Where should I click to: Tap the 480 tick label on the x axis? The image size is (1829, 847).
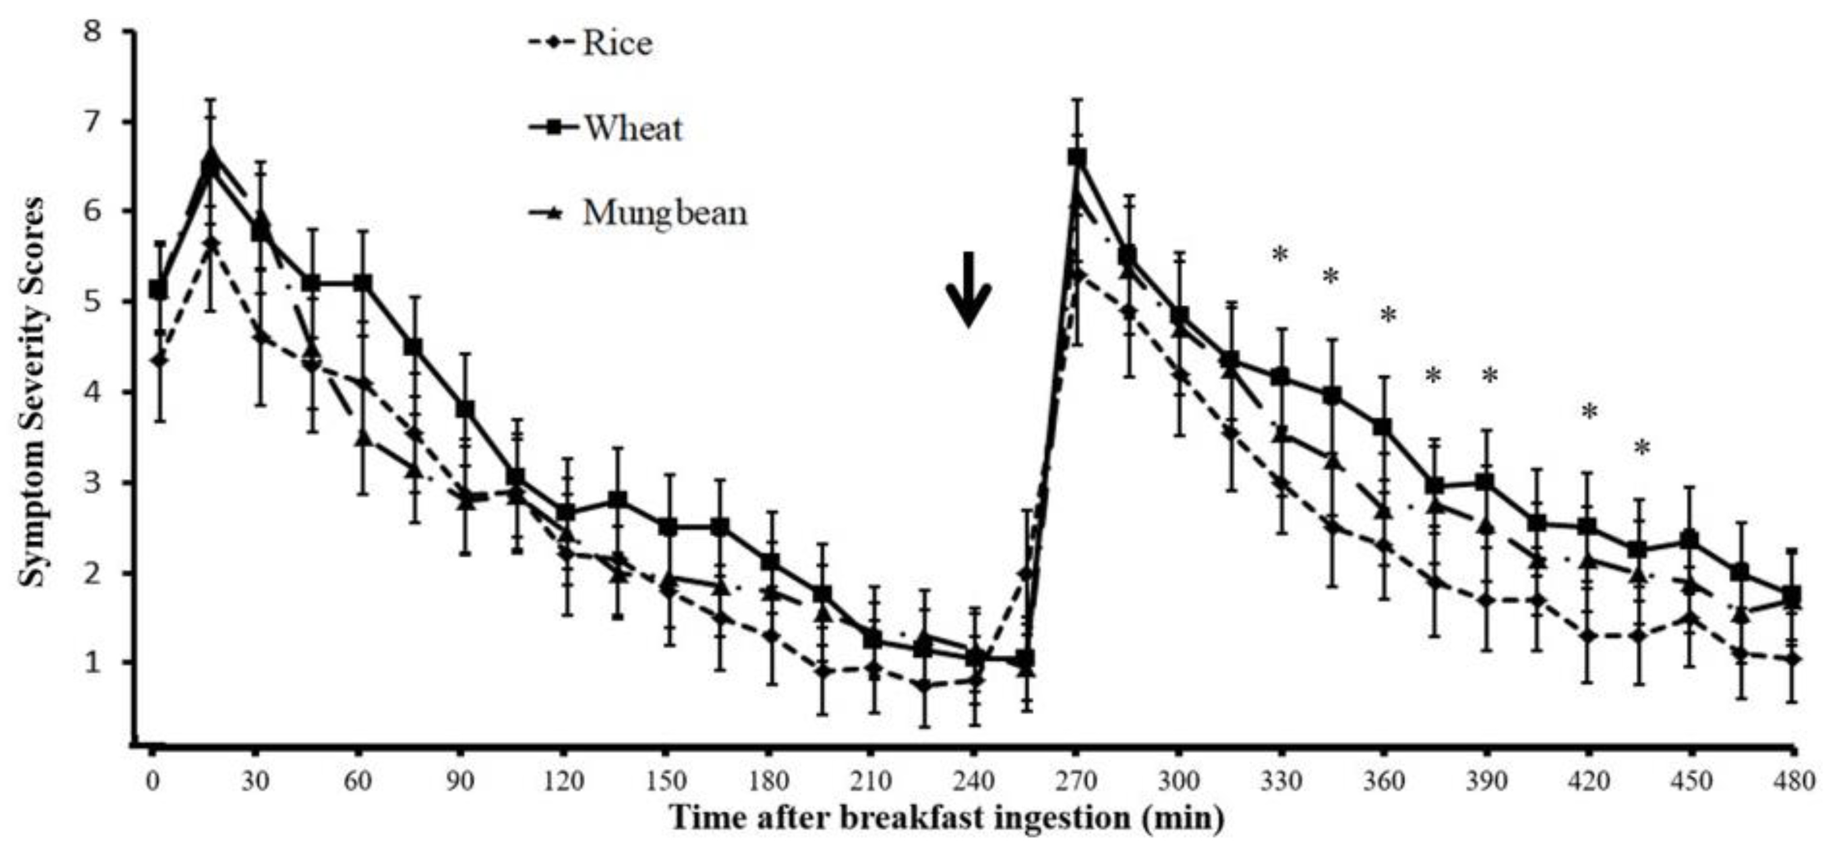pyautogui.click(x=1793, y=781)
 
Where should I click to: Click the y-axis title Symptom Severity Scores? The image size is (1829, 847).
pyautogui.click(x=31, y=392)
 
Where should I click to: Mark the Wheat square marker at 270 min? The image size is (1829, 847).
pyautogui.click(x=1077, y=157)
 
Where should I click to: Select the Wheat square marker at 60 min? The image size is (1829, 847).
pyautogui.click(x=362, y=283)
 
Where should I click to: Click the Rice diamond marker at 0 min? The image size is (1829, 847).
pyautogui.click(x=160, y=360)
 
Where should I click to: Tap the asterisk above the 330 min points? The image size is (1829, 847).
pyautogui.click(x=1280, y=255)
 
